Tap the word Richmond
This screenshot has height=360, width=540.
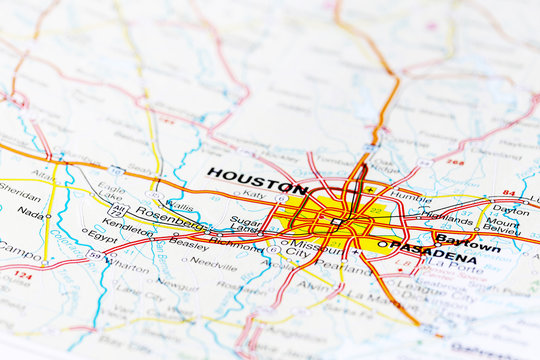235,241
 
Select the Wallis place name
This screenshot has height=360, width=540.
180,204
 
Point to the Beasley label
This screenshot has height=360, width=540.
188,243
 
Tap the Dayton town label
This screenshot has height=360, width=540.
510,211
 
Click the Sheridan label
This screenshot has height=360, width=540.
20,186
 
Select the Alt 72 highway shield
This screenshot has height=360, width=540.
117,210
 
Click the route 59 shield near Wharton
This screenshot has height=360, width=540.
94,255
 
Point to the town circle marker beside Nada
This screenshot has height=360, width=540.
49,215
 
